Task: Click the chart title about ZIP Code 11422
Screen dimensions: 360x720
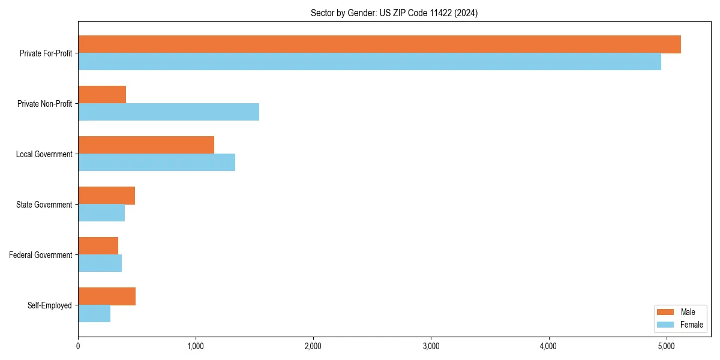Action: [x=394, y=13]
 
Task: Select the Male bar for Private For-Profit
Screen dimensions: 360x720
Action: [x=379, y=44]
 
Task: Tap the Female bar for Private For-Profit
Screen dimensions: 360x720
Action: [x=370, y=62]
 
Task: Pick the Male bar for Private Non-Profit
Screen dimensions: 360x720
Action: [x=102, y=95]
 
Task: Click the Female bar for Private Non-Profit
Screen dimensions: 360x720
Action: [x=169, y=112]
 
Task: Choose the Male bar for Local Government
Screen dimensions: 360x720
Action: [x=146, y=145]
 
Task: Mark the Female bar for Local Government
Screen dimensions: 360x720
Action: [x=157, y=163]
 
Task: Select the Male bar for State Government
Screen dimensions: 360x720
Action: [x=106, y=196]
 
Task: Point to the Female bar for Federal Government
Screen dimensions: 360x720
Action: [x=100, y=263]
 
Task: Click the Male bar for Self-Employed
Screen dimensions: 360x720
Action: [x=107, y=296]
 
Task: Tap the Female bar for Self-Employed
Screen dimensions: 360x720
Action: [x=94, y=314]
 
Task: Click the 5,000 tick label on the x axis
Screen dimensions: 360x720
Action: [x=667, y=346]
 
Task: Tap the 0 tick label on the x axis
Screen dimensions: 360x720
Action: [x=78, y=346]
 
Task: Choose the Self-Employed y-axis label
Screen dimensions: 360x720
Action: [x=49, y=305]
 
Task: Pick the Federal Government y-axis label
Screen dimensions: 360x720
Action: [x=41, y=255]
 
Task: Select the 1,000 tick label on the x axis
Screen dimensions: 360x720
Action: [x=196, y=346]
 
